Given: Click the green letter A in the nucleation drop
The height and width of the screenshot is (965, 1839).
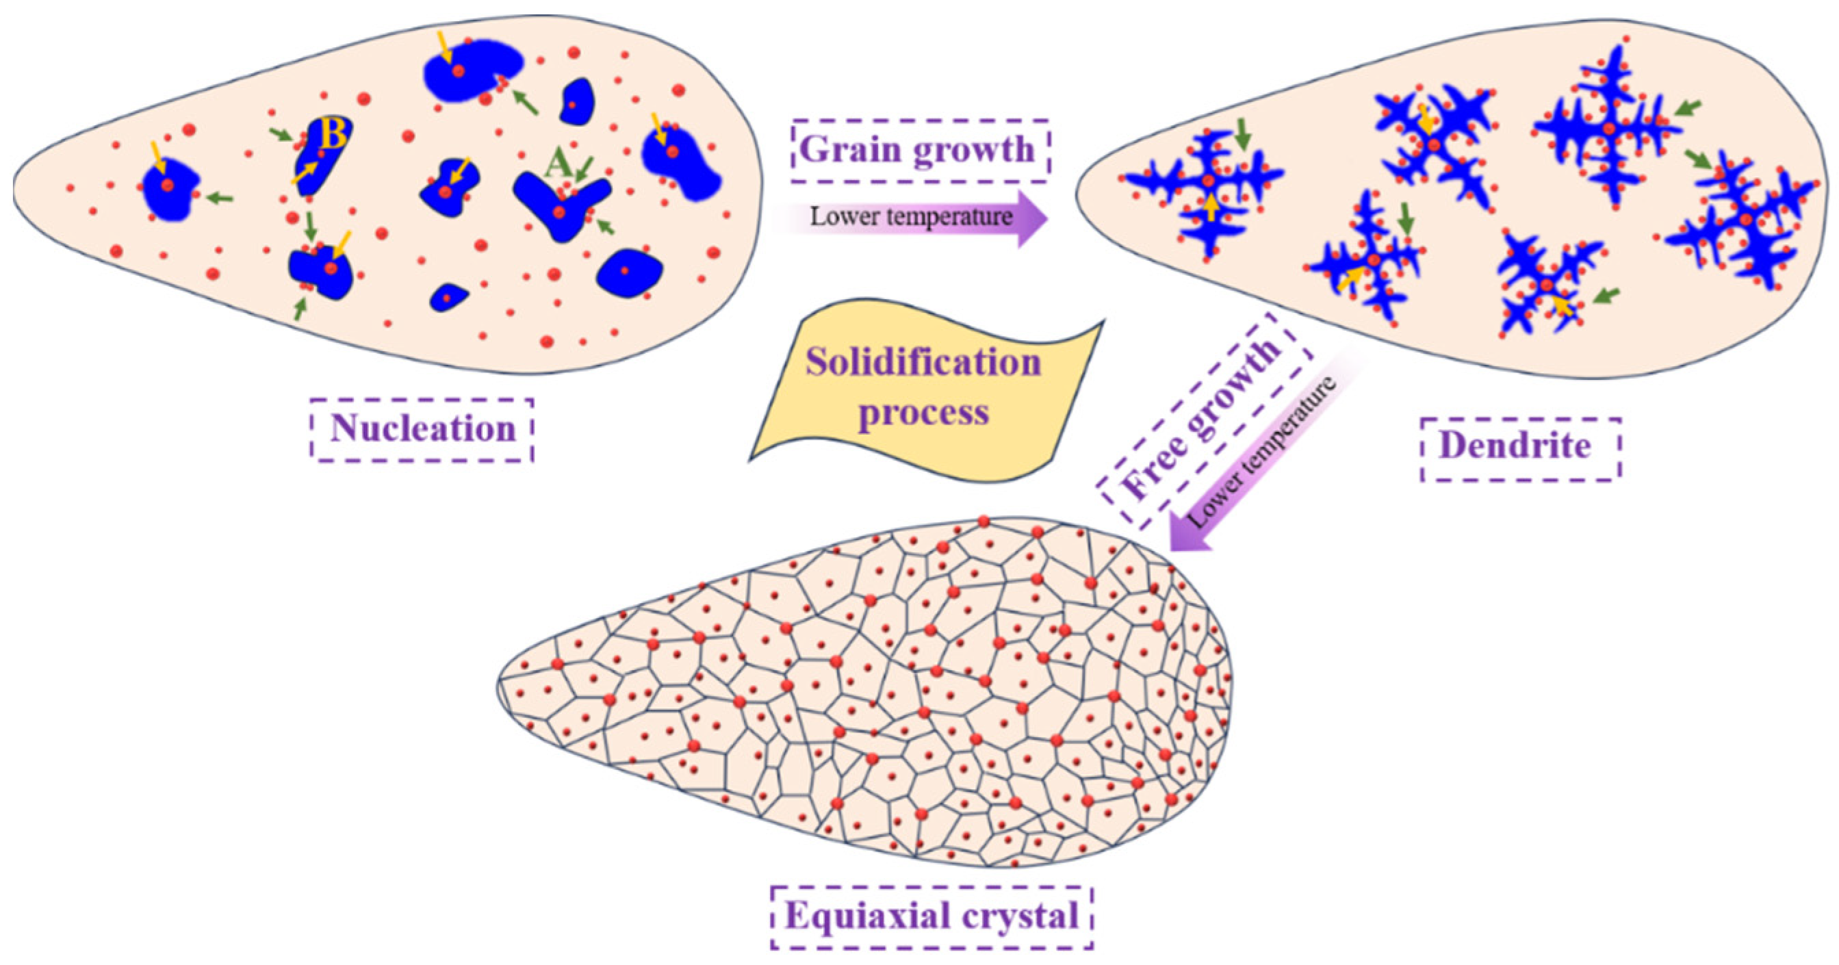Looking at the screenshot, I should click(558, 166).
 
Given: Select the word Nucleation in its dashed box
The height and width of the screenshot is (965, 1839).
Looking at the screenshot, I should click(423, 429).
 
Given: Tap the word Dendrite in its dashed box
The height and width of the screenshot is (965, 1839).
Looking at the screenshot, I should click(1515, 446).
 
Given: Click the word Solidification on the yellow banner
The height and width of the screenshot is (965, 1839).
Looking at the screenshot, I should click(923, 363).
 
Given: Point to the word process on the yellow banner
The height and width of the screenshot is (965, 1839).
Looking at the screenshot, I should click(923, 413).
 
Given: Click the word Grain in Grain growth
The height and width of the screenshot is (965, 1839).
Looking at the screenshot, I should click(849, 150).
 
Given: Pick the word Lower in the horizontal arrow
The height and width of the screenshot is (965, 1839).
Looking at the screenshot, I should click(840, 216).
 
